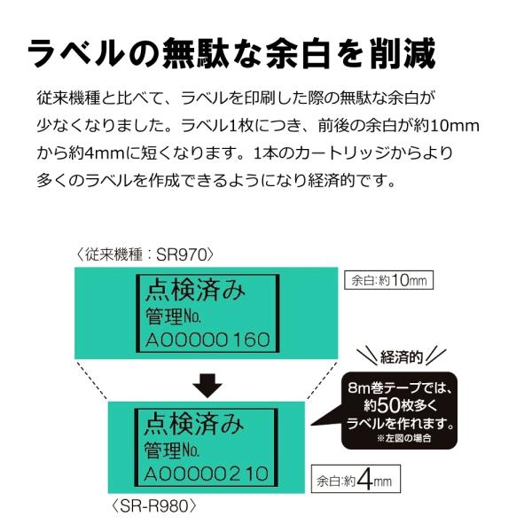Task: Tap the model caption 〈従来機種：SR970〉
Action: (147, 255)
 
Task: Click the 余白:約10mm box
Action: (388, 280)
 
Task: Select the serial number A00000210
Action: (207, 473)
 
